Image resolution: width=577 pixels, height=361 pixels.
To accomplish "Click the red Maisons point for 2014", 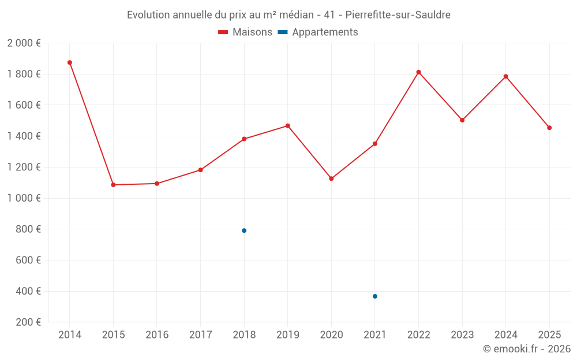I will click(x=70, y=62).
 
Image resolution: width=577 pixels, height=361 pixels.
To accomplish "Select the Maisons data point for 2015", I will click(x=113, y=185).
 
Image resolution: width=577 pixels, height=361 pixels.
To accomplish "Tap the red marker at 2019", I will click(x=288, y=126).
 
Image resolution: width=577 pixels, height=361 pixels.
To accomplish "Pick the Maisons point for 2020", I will click(x=331, y=178).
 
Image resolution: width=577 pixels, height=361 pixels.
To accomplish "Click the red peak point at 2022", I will click(x=419, y=72).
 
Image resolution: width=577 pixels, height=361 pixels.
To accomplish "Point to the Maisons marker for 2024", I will click(x=506, y=76).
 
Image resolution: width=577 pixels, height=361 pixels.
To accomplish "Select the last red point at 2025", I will click(x=549, y=128).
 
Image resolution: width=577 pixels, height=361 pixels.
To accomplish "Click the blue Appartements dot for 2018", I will click(x=244, y=230).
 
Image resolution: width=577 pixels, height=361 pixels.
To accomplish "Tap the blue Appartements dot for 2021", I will click(x=375, y=296).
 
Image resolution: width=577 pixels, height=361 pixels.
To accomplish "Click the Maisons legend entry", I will click(x=245, y=32).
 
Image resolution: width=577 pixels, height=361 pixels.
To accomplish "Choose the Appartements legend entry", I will click(x=318, y=32).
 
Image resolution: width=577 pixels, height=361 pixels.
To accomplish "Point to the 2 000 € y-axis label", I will click(x=24, y=43).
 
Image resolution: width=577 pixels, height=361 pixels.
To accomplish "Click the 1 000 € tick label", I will click(x=24, y=198).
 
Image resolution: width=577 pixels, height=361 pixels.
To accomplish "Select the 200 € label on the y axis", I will click(x=28, y=322).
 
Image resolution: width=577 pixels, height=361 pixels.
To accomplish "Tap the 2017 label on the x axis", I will click(x=200, y=335).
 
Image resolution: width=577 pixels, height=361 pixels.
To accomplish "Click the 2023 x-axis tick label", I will click(x=462, y=335).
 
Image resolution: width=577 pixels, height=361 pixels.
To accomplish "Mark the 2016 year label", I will click(x=157, y=335).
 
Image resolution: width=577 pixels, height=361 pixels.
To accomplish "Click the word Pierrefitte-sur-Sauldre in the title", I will click(x=398, y=15).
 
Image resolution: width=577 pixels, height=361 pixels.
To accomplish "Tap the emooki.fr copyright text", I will click(x=527, y=349).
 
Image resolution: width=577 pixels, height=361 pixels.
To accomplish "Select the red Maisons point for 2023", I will click(x=462, y=120).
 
